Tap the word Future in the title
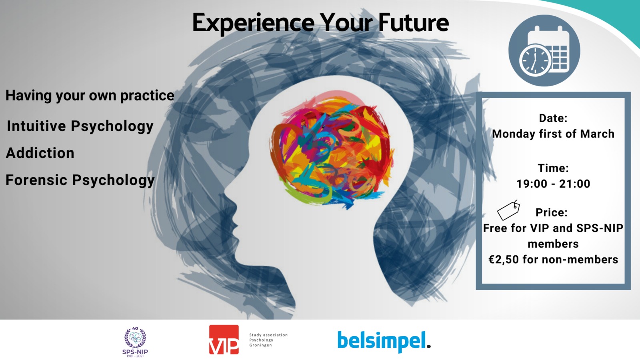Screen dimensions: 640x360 [414, 22]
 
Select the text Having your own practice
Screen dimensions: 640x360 [90, 96]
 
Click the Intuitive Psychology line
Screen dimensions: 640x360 [80, 126]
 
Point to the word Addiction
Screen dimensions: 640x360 [40, 153]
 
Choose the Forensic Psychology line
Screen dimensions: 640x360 [80, 180]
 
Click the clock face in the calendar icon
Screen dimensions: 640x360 [535, 60]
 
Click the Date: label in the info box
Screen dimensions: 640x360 [553, 118]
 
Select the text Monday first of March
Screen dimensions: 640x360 [553, 134]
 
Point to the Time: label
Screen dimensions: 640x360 [553, 168]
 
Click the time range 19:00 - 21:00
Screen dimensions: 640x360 [553, 184]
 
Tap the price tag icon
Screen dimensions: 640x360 [508, 210]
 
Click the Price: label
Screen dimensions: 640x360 [552, 212]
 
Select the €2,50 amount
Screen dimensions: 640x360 [504, 260]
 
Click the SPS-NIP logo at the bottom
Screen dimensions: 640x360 [135, 342]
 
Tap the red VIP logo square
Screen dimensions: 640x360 [224, 340]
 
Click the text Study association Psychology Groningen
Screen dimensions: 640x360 [268, 340]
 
